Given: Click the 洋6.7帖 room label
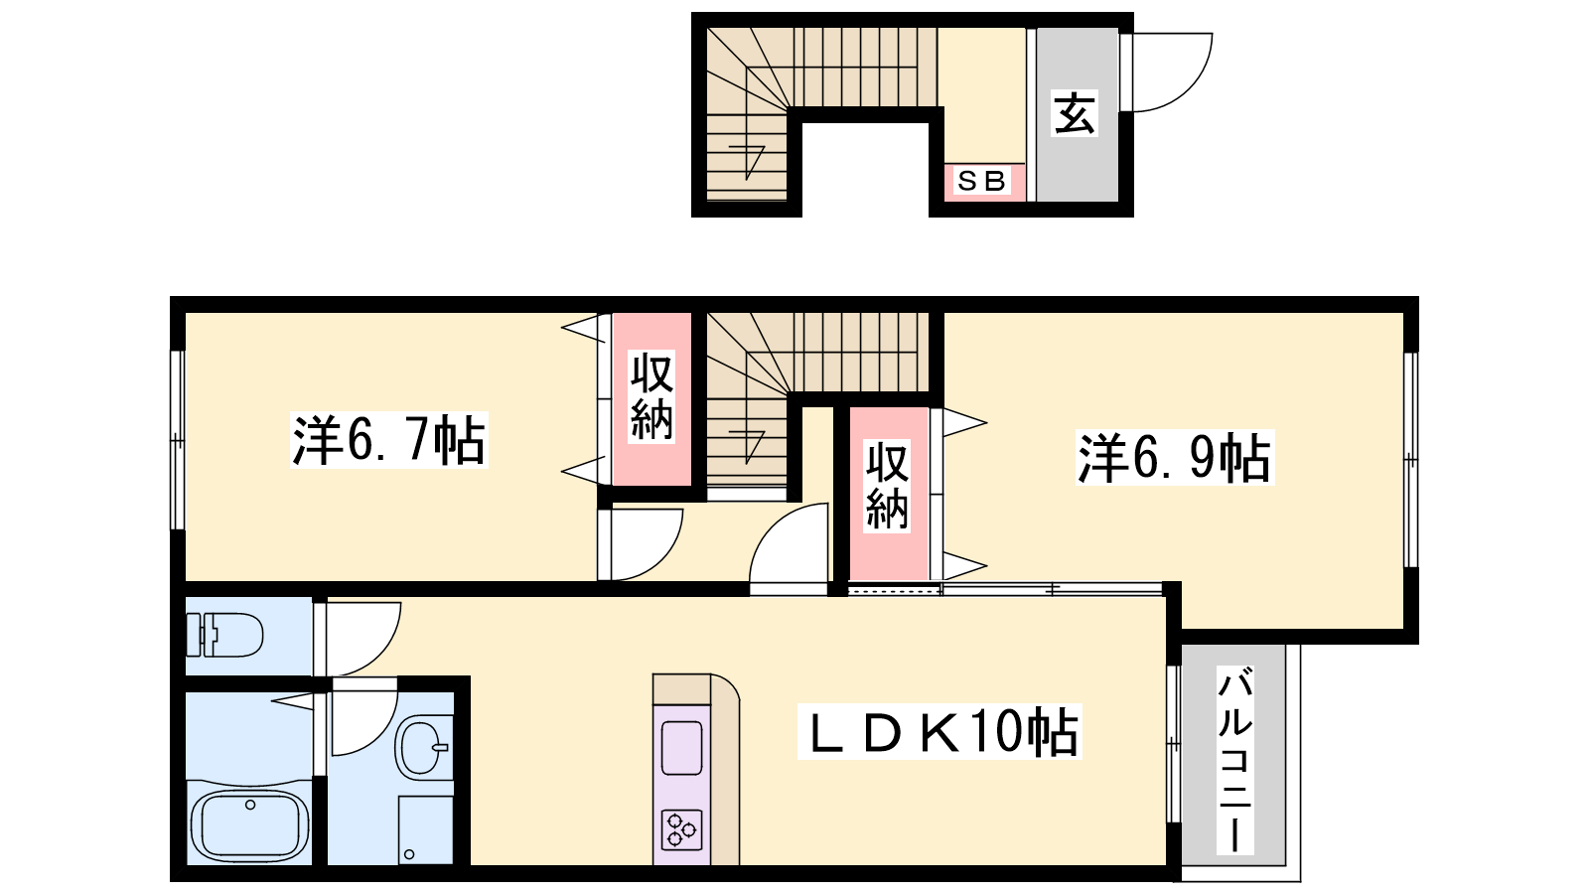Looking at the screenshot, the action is click(x=388, y=440).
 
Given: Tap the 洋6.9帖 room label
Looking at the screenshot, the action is click(x=1175, y=458).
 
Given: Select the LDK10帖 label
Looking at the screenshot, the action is click(x=939, y=731).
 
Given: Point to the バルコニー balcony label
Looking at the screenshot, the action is click(x=1235, y=759).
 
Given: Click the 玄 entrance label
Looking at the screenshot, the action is click(x=1074, y=113).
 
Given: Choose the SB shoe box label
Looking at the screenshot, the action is click(x=982, y=181).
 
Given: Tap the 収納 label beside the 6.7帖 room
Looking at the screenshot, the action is click(x=651, y=398).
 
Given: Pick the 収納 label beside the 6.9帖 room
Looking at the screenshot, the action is click(x=887, y=486).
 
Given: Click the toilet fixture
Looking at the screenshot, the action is click(x=224, y=635).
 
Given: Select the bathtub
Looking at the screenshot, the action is click(x=249, y=825).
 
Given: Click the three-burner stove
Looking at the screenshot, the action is click(x=681, y=829).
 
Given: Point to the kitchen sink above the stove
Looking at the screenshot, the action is click(x=681, y=748).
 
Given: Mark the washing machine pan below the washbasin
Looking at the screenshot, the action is click(x=425, y=829).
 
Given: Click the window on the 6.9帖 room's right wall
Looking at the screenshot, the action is click(x=1411, y=460).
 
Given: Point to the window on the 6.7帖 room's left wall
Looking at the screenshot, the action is click(x=178, y=440).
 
